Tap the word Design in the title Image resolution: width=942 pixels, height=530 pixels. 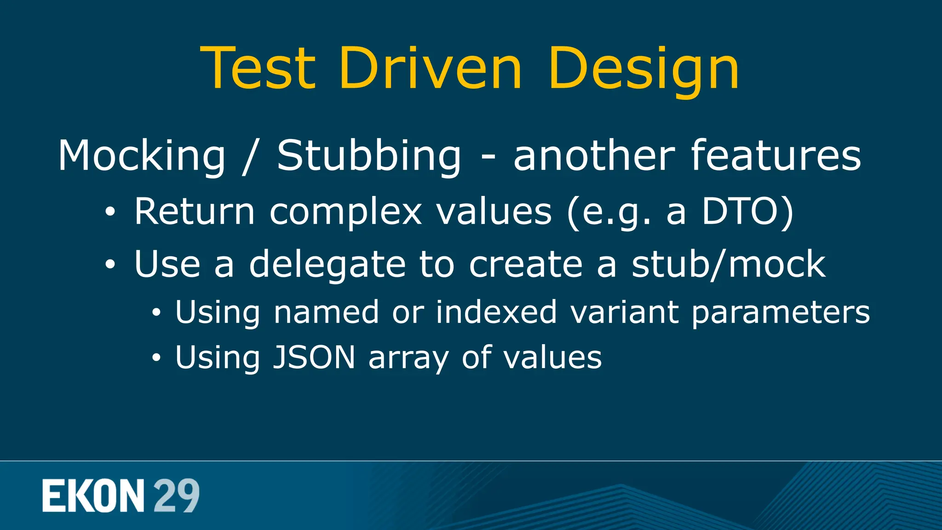643,69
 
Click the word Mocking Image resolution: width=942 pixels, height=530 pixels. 142,156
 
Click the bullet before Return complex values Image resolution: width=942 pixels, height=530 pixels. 110,213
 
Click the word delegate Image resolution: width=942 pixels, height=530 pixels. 327,265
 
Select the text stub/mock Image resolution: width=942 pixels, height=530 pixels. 728,264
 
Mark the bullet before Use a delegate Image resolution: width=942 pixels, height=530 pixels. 110,265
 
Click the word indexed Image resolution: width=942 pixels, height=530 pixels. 496,312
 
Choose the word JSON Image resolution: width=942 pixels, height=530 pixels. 314,357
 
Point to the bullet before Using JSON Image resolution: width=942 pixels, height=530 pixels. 157,358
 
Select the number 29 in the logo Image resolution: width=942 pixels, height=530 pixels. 176,495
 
